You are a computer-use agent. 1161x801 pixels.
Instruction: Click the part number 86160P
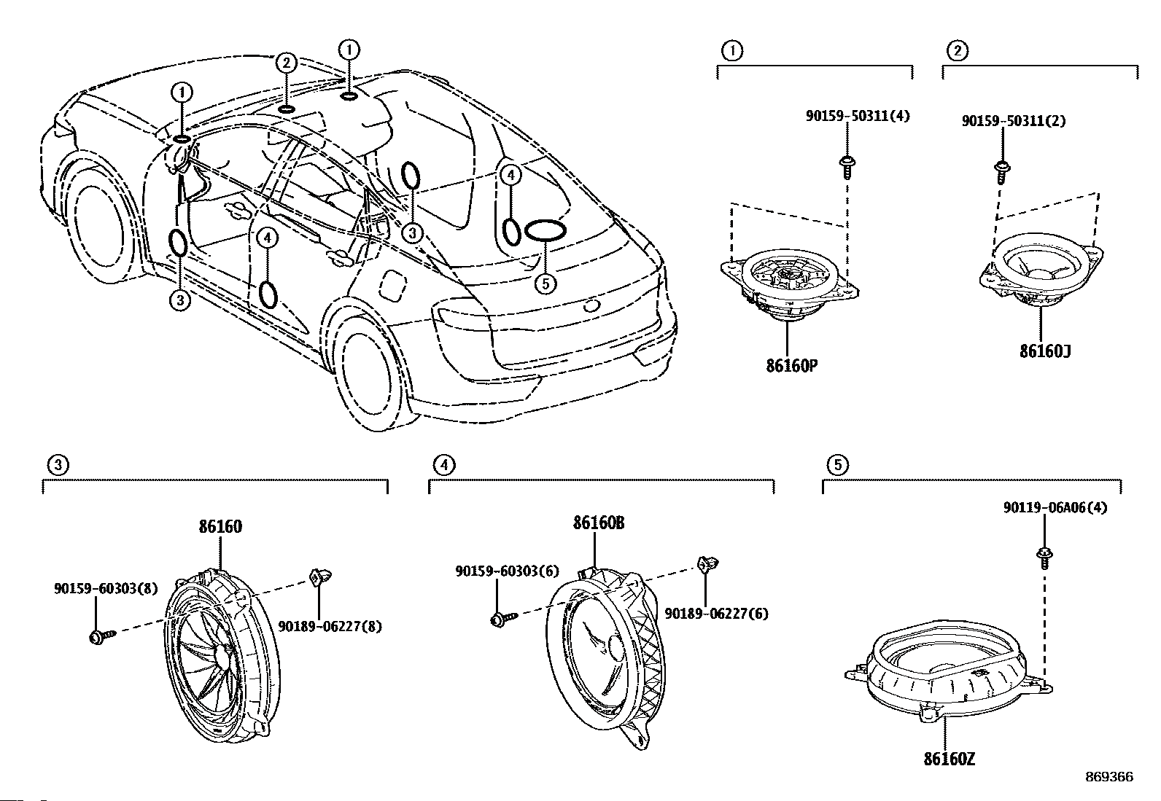click(x=791, y=366)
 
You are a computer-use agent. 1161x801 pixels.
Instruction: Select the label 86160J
click(x=1045, y=351)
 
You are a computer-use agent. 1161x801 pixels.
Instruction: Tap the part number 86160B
click(x=598, y=523)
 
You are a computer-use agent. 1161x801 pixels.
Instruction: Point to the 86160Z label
click(x=949, y=759)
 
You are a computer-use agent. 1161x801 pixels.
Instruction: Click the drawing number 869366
click(x=1109, y=777)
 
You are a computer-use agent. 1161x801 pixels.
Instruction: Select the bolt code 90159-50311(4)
click(x=858, y=116)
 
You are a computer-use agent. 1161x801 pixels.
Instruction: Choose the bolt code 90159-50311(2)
click(x=1014, y=121)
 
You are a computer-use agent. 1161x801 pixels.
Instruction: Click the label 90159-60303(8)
click(x=106, y=588)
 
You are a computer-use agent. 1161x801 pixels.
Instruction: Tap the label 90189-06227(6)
click(x=716, y=614)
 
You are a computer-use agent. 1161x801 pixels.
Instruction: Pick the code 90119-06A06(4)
click(x=1055, y=508)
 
